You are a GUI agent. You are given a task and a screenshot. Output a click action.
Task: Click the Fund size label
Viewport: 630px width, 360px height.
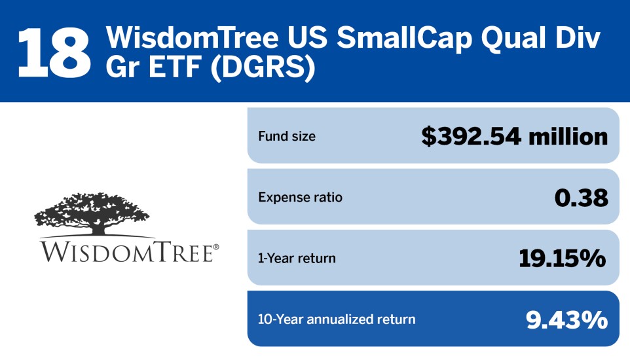287,137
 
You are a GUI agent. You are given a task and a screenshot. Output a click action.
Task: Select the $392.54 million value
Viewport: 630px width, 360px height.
514,137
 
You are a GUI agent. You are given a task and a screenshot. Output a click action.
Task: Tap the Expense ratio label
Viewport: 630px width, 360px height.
300,197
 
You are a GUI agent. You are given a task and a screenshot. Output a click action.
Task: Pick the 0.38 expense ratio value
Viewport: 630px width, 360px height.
581,197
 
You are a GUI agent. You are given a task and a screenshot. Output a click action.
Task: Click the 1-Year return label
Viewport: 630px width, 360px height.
297,258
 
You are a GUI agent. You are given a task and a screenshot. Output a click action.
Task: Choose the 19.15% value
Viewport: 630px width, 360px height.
563,258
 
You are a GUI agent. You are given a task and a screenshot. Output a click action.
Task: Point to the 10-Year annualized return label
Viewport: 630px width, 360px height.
337,319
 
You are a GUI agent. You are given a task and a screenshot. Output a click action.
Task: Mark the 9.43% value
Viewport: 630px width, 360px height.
567,319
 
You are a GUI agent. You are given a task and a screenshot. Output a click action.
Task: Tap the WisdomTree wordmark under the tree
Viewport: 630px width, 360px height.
126,252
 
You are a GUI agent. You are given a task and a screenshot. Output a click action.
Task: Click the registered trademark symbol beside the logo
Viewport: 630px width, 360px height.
216,247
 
